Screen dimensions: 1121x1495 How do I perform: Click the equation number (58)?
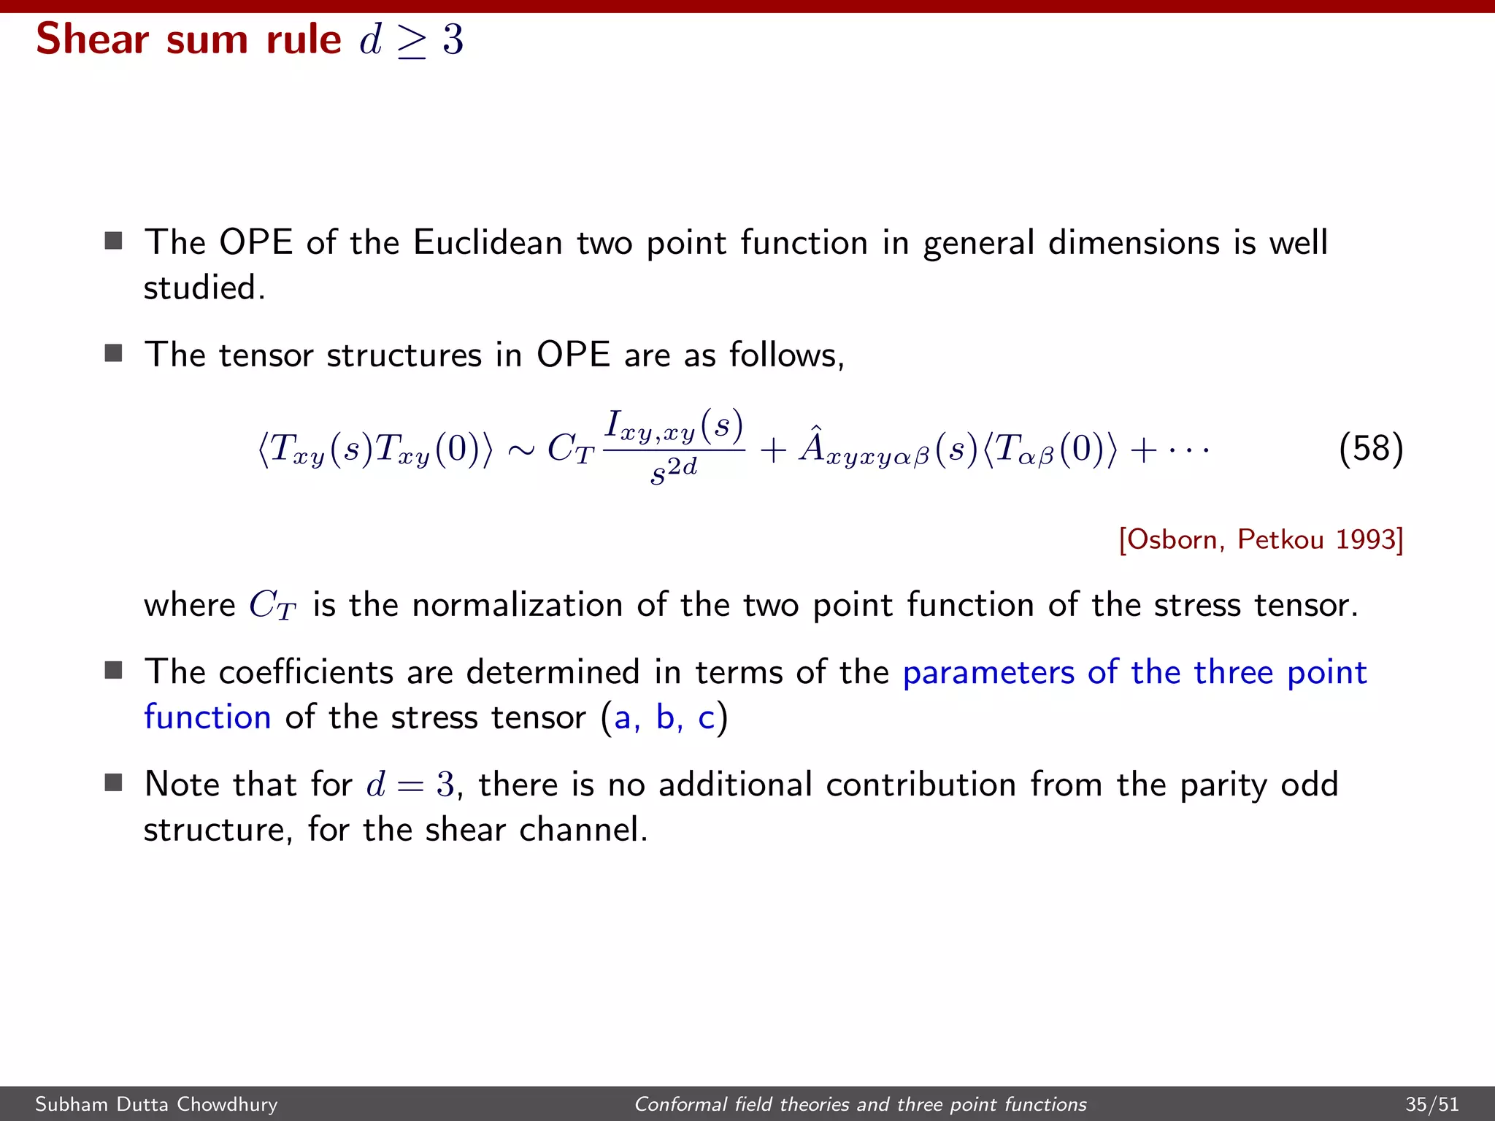tap(1371, 448)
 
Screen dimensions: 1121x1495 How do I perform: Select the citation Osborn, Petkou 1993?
tap(1261, 539)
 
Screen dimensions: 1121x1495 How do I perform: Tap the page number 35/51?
tap(1432, 1104)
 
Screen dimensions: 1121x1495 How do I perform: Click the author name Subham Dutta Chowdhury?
tap(156, 1104)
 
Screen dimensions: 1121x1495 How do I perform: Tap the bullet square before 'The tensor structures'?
tap(113, 354)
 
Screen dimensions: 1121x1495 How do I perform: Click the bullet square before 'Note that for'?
tap(113, 783)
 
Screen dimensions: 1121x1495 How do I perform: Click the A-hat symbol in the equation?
tap(812, 446)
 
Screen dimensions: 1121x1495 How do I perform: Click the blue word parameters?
tap(988, 672)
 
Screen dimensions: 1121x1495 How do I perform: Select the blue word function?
tap(207, 717)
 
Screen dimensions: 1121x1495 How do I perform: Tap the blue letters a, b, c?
tap(664, 717)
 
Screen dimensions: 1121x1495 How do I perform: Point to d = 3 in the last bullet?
tap(410, 785)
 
